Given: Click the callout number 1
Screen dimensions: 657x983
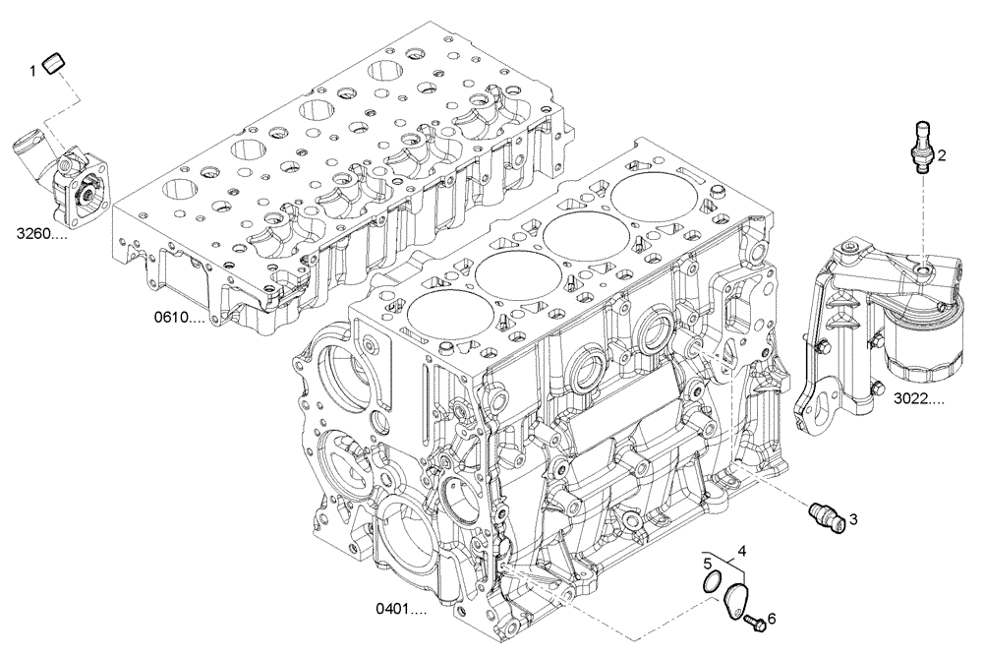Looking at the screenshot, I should pos(32,69).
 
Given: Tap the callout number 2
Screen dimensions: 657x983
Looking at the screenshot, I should pos(941,154).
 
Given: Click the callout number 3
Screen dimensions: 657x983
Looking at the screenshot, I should pos(853,519).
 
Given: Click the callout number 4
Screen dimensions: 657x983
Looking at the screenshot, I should pos(742,551).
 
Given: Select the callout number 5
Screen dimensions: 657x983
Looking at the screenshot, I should pos(707,564).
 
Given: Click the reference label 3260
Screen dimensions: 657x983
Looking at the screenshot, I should pos(42,234).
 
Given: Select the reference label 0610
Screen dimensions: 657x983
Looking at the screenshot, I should pos(179,318).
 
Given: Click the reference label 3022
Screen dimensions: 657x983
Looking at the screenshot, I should pos(919,399).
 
